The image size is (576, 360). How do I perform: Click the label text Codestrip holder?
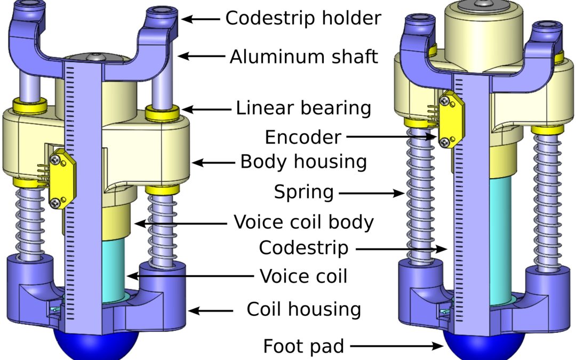pyautogui.click(x=303, y=18)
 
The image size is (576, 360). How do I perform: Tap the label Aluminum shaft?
pyautogui.click(x=304, y=56)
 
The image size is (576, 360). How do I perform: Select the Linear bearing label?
pyautogui.click(x=303, y=108)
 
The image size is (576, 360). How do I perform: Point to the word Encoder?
pyautogui.click(x=302, y=137)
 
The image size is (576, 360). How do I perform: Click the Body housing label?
pyautogui.click(x=303, y=161)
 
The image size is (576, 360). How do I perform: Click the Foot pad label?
pyautogui.click(x=303, y=347)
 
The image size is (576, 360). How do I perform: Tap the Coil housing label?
pyautogui.click(x=303, y=309)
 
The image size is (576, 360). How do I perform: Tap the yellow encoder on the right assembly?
pyautogui.click(x=449, y=118)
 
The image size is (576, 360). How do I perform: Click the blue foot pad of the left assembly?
pyautogui.click(x=95, y=344)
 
